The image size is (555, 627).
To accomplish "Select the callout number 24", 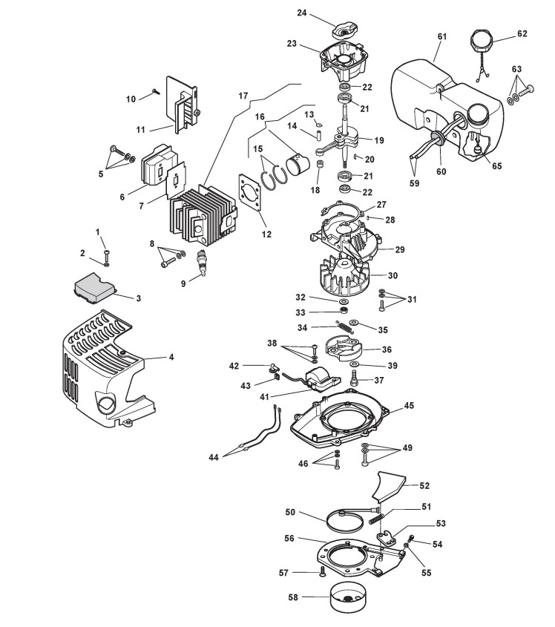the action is pos(302,13).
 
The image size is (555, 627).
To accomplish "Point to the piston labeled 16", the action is pos(298,163).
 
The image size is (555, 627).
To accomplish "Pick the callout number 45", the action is pos(409,405).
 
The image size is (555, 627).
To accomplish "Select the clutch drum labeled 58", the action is pos(347,597).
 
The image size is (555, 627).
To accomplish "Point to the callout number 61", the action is pos(441,36).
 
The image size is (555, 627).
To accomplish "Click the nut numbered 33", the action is pos(343,310).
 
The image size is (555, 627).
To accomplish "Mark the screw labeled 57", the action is pos(322,573).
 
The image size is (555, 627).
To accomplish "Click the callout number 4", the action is pos(171,357).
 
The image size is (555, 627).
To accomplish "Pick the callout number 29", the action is pos(399,249).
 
